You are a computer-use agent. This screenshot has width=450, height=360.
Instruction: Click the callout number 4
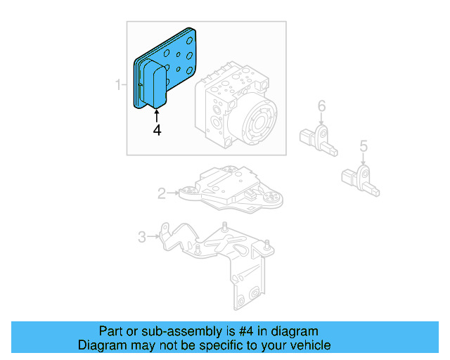tap(157, 129)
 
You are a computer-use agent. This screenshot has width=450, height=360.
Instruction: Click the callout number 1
tap(118, 86)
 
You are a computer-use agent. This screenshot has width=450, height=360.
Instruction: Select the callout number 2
tap(161, 193)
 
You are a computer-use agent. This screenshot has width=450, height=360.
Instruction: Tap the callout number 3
tap(141, 237)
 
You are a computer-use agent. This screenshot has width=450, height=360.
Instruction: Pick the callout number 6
tap(321, 106)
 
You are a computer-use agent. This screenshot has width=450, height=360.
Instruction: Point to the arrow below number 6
tap(321, 120)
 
